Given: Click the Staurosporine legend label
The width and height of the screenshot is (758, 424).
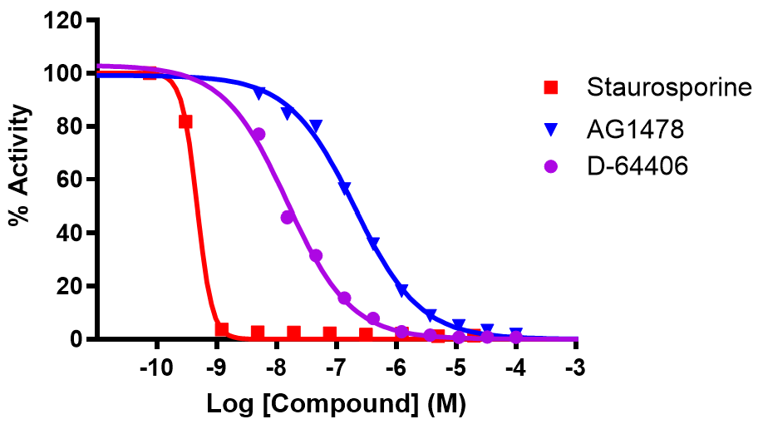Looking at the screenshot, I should pos(668,86).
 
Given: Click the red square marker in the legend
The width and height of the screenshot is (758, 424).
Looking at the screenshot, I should pos(550,86).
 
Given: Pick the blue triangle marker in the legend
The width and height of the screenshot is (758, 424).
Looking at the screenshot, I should pos(550,128).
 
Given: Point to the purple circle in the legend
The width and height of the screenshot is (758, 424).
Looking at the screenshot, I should pos(550,167).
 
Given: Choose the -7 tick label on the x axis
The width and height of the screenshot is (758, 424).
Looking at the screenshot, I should pos(335,367).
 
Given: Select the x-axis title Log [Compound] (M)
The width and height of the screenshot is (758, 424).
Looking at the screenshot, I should pos(336,405).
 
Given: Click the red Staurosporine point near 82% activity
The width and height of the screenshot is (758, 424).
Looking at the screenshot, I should pos(185,121).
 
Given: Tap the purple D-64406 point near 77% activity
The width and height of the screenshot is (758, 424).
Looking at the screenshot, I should pos(258,134).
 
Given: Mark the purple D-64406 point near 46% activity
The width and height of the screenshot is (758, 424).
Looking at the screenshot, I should pos(288,217).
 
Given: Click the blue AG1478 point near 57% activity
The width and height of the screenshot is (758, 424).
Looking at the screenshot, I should pos(345,188).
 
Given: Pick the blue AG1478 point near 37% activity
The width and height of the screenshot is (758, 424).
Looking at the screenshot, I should pos(373,243).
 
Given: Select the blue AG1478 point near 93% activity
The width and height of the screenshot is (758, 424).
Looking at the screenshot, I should pos(258,92).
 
